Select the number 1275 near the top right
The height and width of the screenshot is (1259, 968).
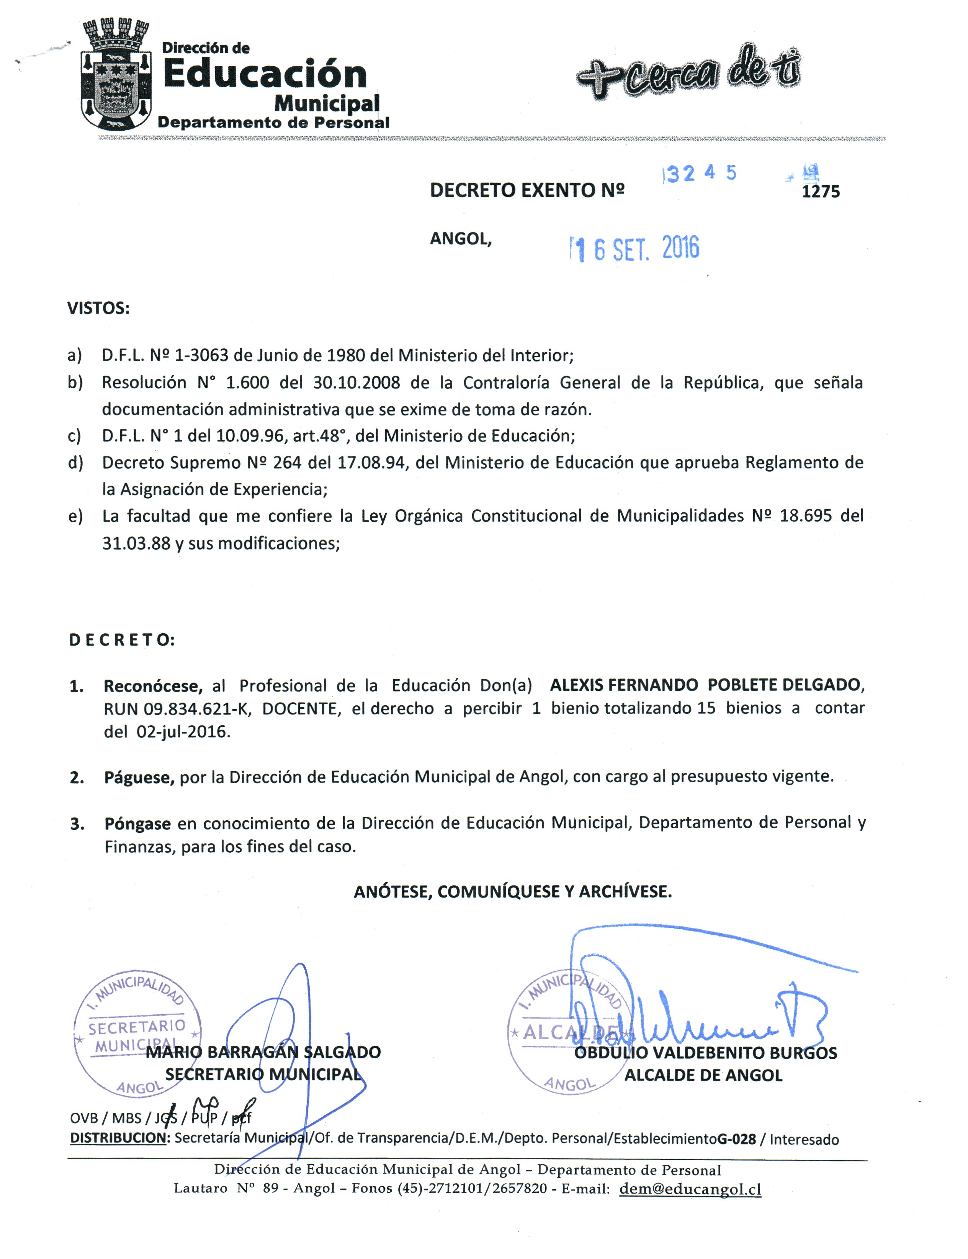pos(821,192)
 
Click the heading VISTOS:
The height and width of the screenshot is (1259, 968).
pos(98,308)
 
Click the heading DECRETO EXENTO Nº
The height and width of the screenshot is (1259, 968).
pos(527,190)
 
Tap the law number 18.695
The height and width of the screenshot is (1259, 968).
pos(806,516)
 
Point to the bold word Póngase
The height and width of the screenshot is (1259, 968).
pos(138,824)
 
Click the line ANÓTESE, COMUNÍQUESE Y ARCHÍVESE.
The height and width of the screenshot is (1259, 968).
pos(512,892)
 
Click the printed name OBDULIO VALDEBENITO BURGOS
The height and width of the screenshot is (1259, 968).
pos(705,1053)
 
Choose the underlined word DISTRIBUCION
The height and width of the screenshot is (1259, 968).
pos(118,1138)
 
